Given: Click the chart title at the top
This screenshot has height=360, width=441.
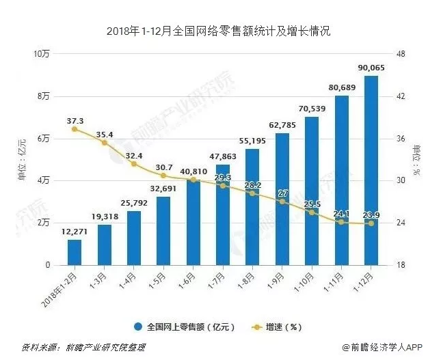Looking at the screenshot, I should point(219,31).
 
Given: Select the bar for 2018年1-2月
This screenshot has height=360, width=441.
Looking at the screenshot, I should point(75,252).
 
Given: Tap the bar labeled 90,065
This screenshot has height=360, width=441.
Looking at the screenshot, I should point(371,171).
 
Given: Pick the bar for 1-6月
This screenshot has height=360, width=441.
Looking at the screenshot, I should point(193,222).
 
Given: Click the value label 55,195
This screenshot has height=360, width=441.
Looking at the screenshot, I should point(252,140).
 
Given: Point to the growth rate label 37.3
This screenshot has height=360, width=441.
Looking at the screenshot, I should point(75,120).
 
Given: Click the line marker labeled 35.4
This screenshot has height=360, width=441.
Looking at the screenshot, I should point(105,143).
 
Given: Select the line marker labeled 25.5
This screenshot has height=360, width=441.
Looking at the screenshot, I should point(312,212).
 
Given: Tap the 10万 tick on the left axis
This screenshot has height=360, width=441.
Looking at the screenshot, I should point(42,54).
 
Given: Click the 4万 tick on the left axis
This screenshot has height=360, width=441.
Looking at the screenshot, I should point(43,181).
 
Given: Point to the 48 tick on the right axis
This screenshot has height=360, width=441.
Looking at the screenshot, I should point(401,54).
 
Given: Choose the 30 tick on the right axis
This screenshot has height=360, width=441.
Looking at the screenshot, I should point(401,181).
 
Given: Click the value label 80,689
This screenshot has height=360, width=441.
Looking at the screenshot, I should point(342,87).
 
